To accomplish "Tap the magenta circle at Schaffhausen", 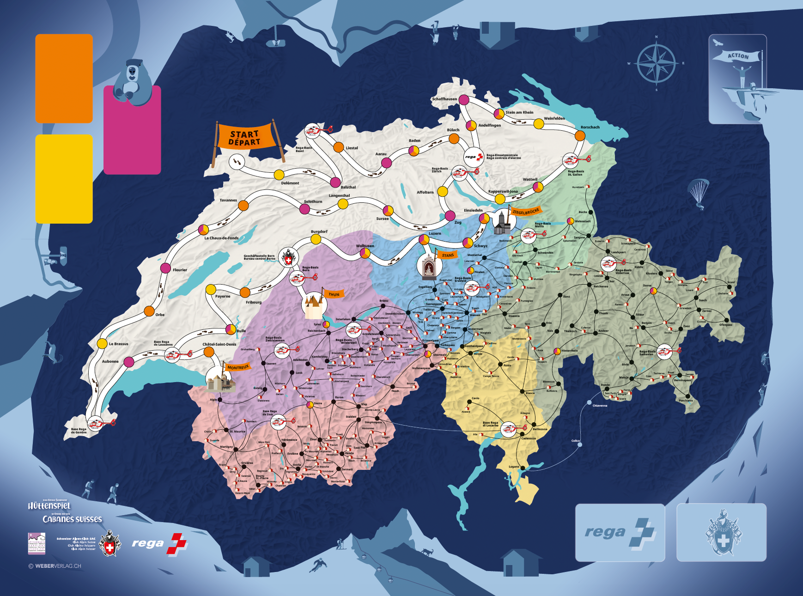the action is click(x=464, y=100).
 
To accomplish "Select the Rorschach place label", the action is click(x=590, y=127).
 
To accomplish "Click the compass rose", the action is click(x=656, y=63).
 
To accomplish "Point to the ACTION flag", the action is click(x=737, y=56).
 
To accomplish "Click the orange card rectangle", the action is click(x=64, y=79).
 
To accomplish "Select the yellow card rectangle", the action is click(x=64, y=179).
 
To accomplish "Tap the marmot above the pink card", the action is click(x=133, y=82).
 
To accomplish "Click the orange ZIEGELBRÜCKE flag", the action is click(x=525, y=212).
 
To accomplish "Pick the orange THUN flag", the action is click(x=334, y=294).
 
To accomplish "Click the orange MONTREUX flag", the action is click(x=238, y=367).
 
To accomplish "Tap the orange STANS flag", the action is click(x=448, y=255).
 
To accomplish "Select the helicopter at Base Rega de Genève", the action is click(x=97, y=423).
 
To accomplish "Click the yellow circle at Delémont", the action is click(x=279, y=175).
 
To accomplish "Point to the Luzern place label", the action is click(x=435, y=233).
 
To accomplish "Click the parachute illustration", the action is click(x=698, y=192).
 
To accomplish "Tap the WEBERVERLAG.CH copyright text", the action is click(x=55, y=566).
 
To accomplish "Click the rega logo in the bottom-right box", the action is click(x=620, y=533).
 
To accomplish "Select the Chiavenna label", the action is click(x=600, y=406).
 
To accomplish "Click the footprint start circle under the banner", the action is click(x=237, y=162).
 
